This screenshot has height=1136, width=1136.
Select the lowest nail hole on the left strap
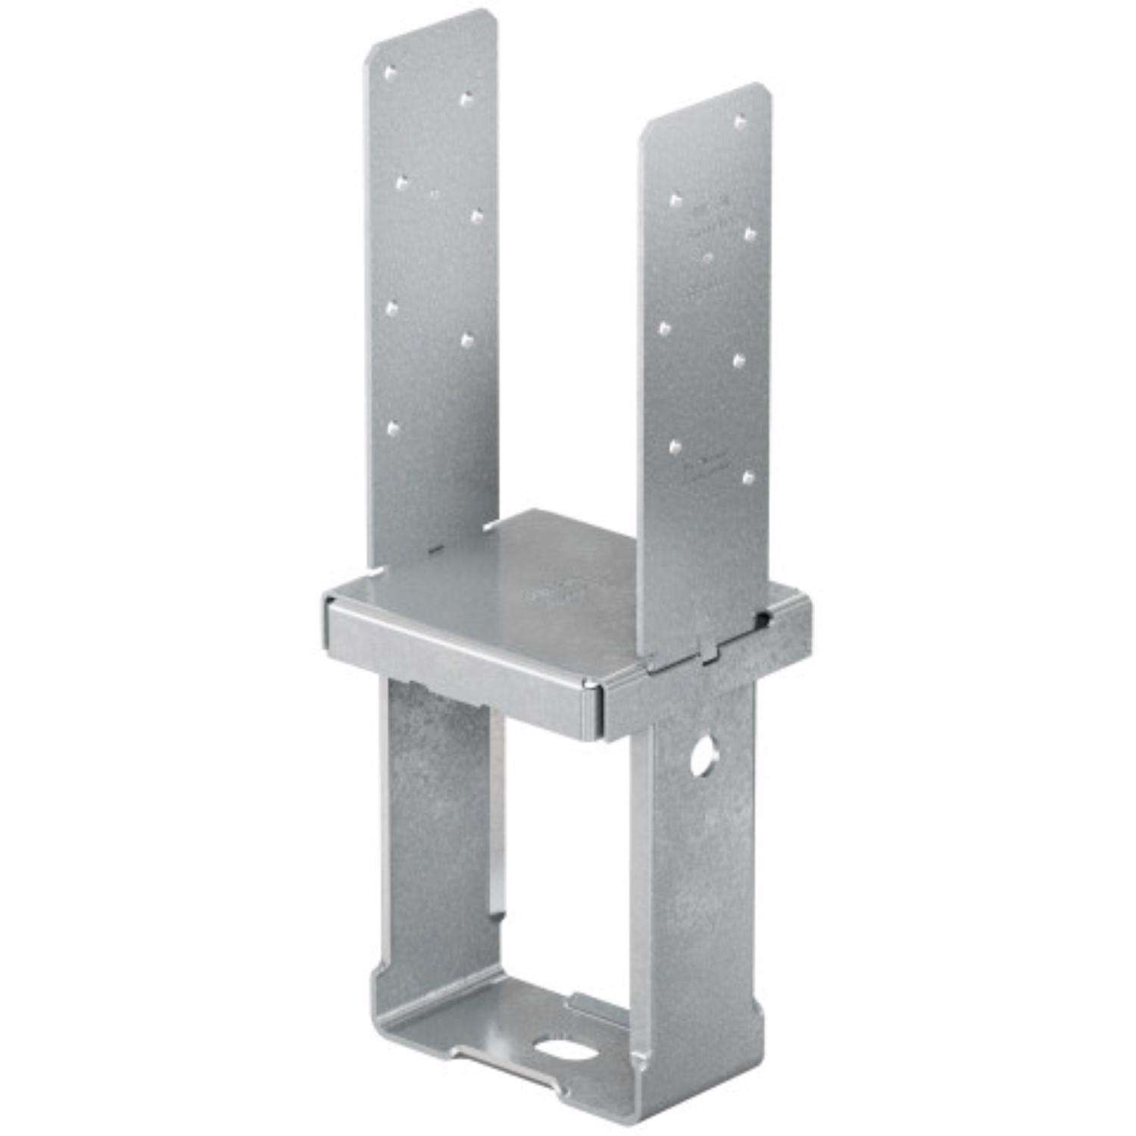pyautogui.click(x=392, y=428)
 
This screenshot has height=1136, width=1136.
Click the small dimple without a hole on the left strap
pyautogui.click(x=435, y=195)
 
